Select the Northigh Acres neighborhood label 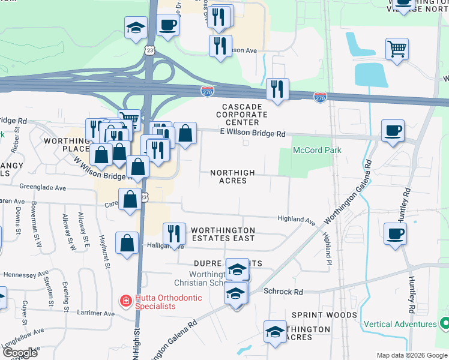(232, 176)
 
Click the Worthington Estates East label (223, 234)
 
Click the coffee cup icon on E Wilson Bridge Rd (393, 131)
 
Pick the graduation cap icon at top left (136, 27)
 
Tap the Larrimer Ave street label (97, 313)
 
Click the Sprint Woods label (324, 315)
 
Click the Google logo (20, 352)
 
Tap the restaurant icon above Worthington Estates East (174, 233)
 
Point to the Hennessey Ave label (26, 274)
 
